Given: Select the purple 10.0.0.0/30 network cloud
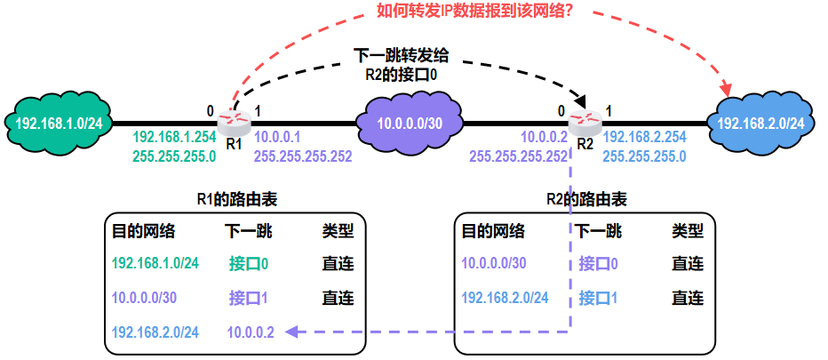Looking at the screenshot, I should point(410,122).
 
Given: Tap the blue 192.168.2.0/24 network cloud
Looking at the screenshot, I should point(761,123).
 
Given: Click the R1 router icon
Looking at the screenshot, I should point(233,122).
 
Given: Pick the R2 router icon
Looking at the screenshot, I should point(584,122).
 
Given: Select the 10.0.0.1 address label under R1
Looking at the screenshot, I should point(278,139).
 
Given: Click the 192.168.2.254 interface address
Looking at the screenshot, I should point(644,138).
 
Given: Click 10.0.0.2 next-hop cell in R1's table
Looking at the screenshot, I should point(251,332).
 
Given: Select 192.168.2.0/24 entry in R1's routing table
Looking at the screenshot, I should point(155,332).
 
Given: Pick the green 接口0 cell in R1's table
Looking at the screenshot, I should point(249,264).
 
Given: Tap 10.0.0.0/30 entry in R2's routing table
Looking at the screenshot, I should point(495,264).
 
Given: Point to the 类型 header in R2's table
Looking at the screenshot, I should point(688,232).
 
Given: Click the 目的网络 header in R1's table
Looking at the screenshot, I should point(143,232).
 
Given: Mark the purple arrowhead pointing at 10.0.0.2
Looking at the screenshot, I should point(291,332).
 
